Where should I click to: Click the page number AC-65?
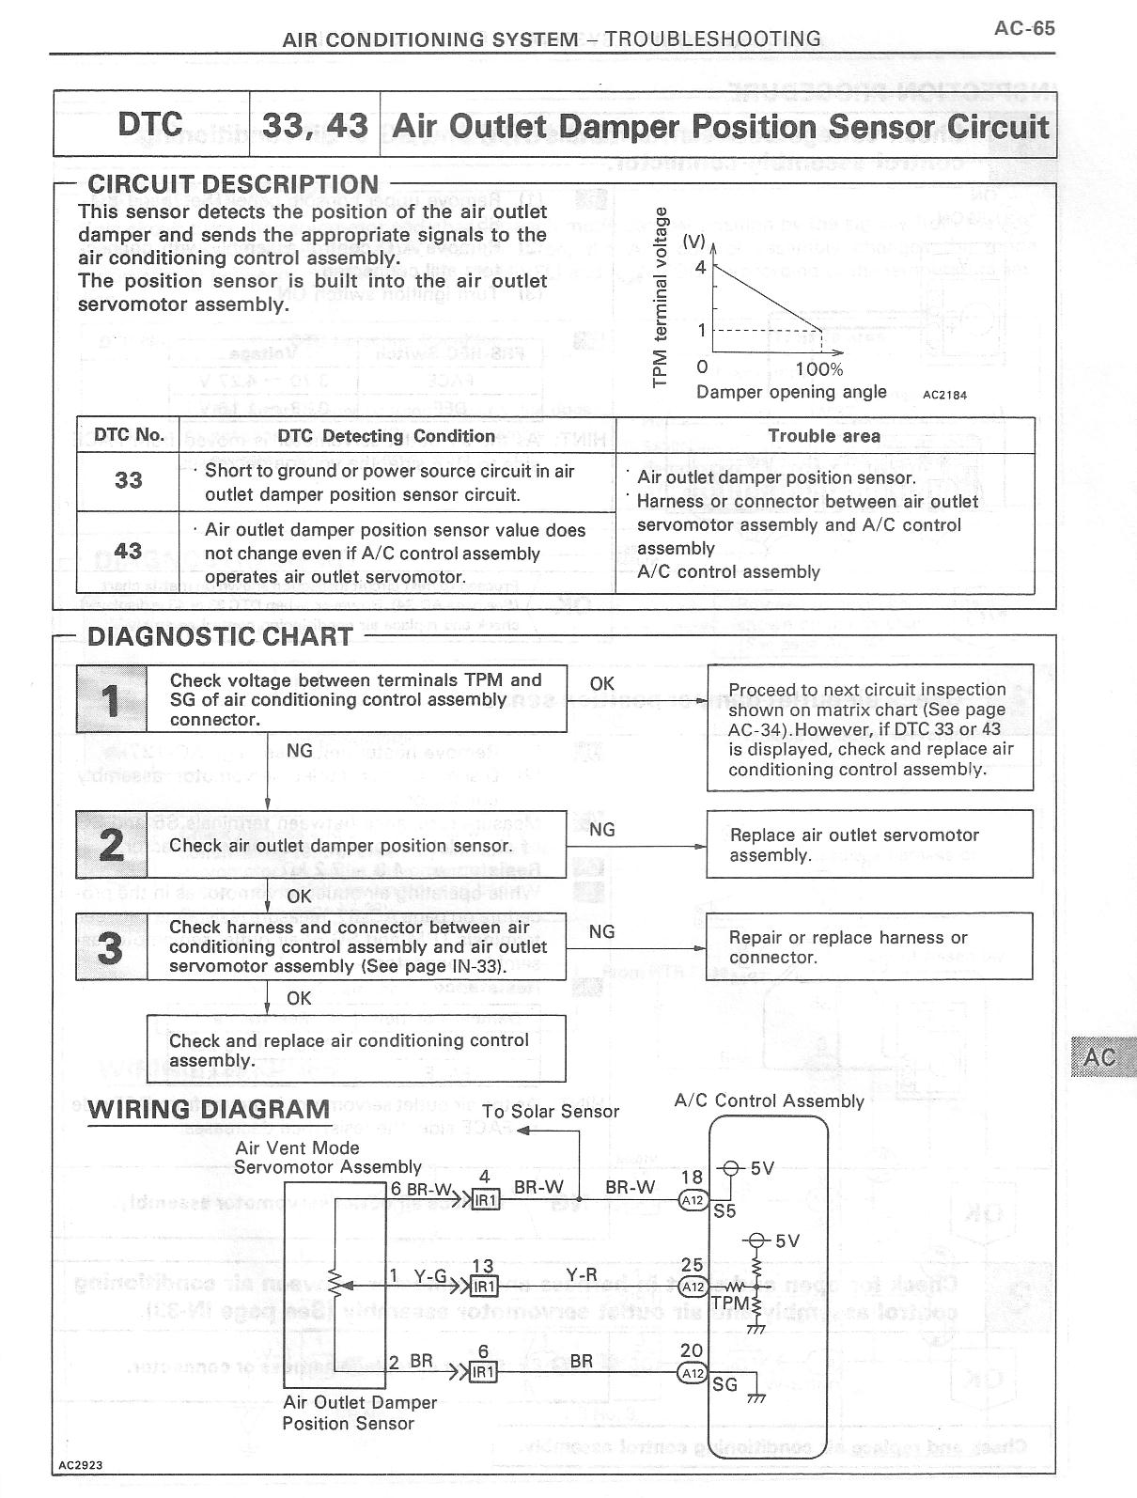click(1024, 28)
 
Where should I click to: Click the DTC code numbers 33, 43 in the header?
click(315, 126)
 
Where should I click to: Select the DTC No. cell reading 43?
click(128, 552)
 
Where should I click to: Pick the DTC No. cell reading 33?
click(128, 480)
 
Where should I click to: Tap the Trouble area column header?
click(824, 436)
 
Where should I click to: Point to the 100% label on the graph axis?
click(818, 369)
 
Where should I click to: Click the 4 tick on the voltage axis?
click(700, 268)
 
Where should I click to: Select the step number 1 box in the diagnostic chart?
click(112, 700)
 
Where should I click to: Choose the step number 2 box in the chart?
click(112, 845)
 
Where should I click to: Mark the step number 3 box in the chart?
click(112, 947)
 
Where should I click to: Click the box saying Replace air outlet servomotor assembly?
click(869, 845)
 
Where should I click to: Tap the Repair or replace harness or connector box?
click(869, 947)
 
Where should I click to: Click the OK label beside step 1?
click(602, 684)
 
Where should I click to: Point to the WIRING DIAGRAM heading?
click(209, 1110)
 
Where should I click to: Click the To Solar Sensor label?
click(551, 1112)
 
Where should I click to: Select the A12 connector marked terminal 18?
click(693, 1200)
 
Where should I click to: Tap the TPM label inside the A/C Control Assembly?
click(730, 1303)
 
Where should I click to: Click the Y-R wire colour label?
click(582, 1274)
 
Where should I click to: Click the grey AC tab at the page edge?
click(1101, 1057)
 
